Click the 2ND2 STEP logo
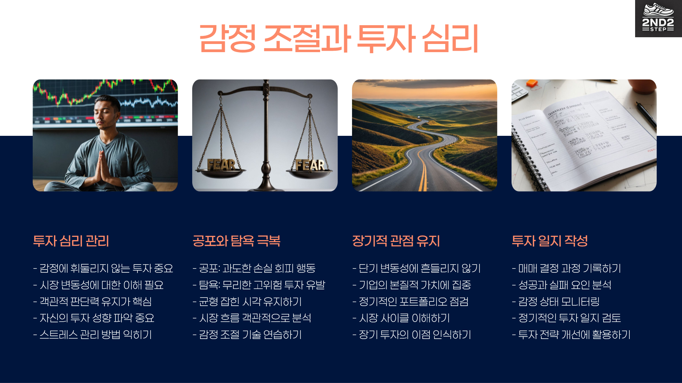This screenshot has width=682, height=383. (x=658, y=18)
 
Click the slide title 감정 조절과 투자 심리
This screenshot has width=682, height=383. (x=339, y=38)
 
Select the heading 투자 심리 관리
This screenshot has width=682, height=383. (x=71, y=241)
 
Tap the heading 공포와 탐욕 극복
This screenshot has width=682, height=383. (x=236, y=241)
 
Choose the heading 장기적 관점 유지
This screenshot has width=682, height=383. (x=396, y=241)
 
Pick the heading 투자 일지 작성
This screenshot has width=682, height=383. (x=550, y=241)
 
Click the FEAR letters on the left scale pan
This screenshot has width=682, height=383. (x=221, y=165)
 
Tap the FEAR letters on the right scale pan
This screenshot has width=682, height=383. (x=310, y=165)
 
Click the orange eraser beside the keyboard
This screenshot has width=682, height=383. (x=532, y=84)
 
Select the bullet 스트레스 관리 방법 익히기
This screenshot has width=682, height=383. (x=92, y=335)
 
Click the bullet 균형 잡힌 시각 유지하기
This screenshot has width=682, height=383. (x=247, y=302)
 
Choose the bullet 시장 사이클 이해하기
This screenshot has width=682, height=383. (x=401, y=318)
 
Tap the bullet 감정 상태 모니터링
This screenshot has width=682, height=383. (x=556, y=302)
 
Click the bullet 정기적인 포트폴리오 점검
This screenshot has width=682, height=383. (x=410, y=302)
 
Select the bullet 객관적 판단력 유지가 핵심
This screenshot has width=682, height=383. (x=92, y=302)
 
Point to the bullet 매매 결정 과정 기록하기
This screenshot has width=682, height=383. (x=566, y=268)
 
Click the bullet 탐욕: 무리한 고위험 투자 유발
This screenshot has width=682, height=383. (x=259, y=285)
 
